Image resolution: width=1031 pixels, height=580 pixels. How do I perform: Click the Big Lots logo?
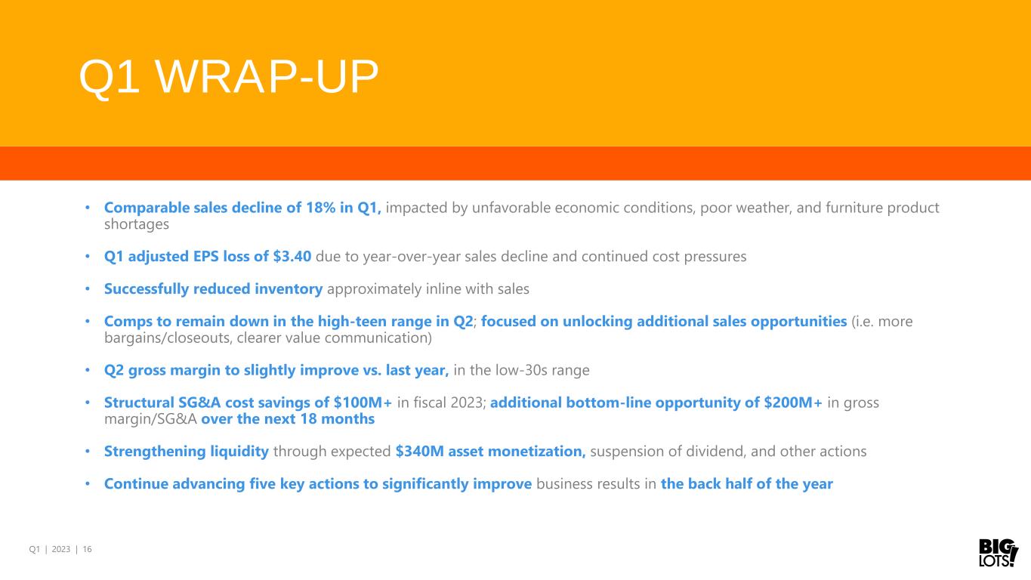tap(998, 552)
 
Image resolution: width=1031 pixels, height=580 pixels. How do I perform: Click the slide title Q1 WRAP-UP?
tap(229, 76)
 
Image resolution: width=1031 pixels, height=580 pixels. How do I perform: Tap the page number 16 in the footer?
tap(87, 549)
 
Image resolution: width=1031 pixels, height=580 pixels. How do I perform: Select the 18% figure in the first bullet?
tap(320, 208)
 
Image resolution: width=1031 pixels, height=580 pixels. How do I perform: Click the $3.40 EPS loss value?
tap(292, 257)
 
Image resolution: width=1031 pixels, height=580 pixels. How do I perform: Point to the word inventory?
tap(289, 289)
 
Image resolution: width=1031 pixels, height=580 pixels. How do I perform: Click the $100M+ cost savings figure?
tap(363, 403)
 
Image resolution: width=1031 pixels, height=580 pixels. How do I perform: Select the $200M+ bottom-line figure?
tap(793, 403)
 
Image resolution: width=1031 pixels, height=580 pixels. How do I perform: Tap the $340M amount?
tap(420, 452)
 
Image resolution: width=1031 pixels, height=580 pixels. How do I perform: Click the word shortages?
tap(137, 224)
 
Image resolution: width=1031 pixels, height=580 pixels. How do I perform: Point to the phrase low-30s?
tap(520, 370)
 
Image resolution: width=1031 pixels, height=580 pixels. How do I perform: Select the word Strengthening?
tap(155, 452)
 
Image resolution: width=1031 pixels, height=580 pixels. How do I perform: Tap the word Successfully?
tap(147, 289)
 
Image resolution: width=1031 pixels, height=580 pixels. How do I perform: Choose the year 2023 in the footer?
tap(60, 549)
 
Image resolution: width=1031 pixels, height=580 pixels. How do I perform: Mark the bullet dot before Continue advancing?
tap(88, 484)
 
